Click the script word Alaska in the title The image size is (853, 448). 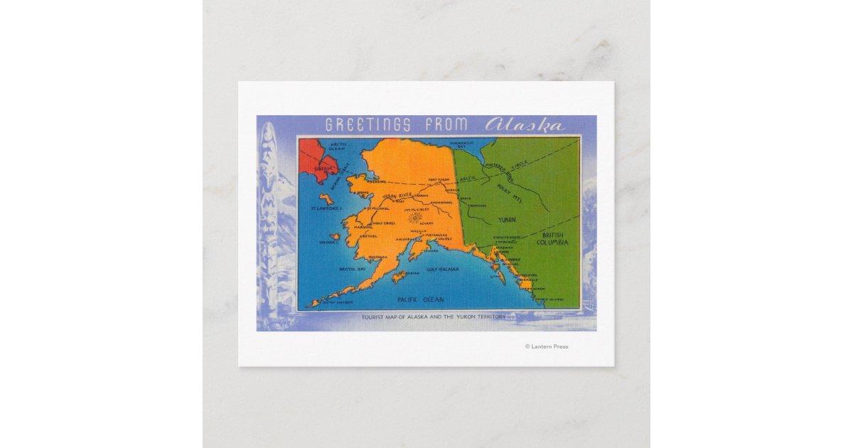click(x=525, y=125)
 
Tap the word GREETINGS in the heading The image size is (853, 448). click(x=368, y=125)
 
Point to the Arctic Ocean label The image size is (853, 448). click(x=336, y=146)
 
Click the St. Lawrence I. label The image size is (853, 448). click(x=326, y=209)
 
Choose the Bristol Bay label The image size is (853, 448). click(x=332, y=270)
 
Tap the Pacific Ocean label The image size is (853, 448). click(x=420, y=299)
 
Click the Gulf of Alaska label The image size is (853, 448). click(x=443, y=270)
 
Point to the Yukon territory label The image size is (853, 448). click(x=507, y=220)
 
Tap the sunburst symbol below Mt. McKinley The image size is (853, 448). click(x=414, y=218)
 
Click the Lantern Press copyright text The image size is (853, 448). click(x=546, y=346)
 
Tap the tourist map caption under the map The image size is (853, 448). click(x=434, y=316)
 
